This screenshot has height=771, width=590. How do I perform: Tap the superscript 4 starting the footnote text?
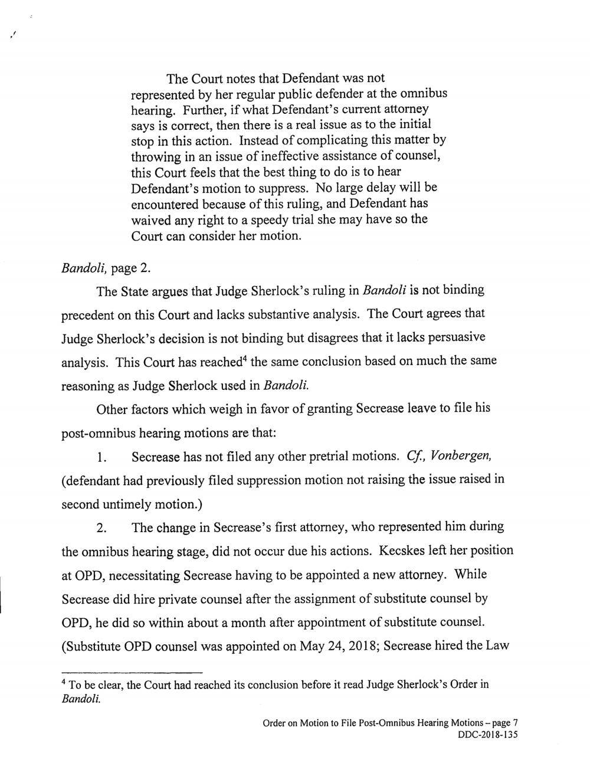point(64,683)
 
